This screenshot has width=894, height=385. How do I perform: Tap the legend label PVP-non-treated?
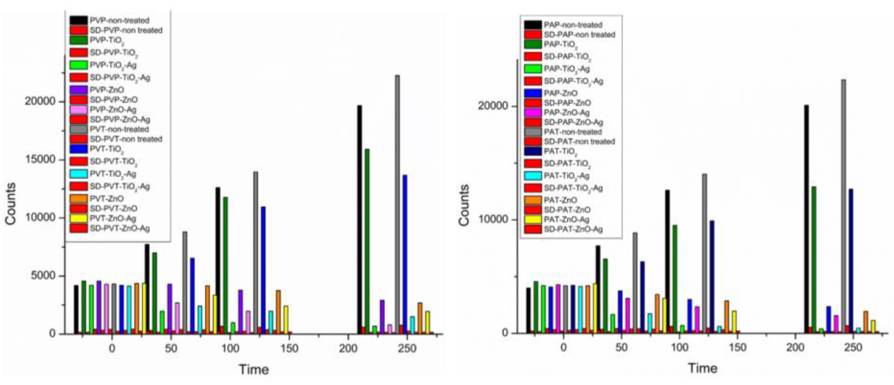tap(120, 20)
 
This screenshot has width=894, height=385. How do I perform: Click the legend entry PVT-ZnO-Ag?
tap(113, 218)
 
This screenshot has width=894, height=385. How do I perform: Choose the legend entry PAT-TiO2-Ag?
tap(566, 176)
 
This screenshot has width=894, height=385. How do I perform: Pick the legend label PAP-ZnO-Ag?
tap(566, 113)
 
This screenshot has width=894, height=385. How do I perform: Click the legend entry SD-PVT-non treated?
tap(126, 139)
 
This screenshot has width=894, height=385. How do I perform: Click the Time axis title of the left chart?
tap(254, 369)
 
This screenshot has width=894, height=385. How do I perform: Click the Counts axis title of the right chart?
tap(464, 205)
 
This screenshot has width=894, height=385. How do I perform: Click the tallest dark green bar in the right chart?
tap(813, 260)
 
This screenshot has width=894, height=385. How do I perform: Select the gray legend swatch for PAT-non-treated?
tap(533, 132)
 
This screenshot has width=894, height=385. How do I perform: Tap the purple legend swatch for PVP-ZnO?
tap(78, 90)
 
